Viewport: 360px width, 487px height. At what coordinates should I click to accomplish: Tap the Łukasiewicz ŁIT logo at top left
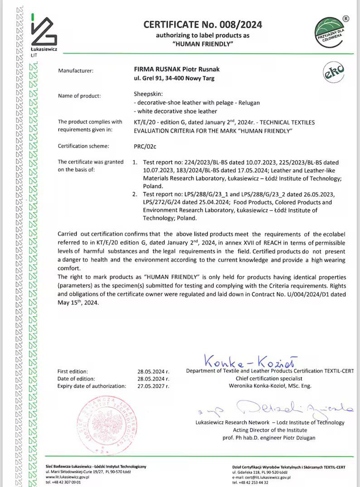[x=44, y=34]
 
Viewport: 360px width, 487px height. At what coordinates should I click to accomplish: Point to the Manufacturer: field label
[x=76, y=71]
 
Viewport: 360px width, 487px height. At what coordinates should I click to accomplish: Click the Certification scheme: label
[x=84, y=146]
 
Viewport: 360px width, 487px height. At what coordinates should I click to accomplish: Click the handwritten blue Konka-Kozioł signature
[x=250, y=362]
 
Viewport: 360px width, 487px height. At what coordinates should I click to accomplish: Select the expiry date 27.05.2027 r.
[x=153, y=386]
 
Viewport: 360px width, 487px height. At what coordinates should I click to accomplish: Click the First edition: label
[x=73, y=371]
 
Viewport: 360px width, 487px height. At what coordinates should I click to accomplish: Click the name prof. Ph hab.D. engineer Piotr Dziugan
[x=269, y=438]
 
